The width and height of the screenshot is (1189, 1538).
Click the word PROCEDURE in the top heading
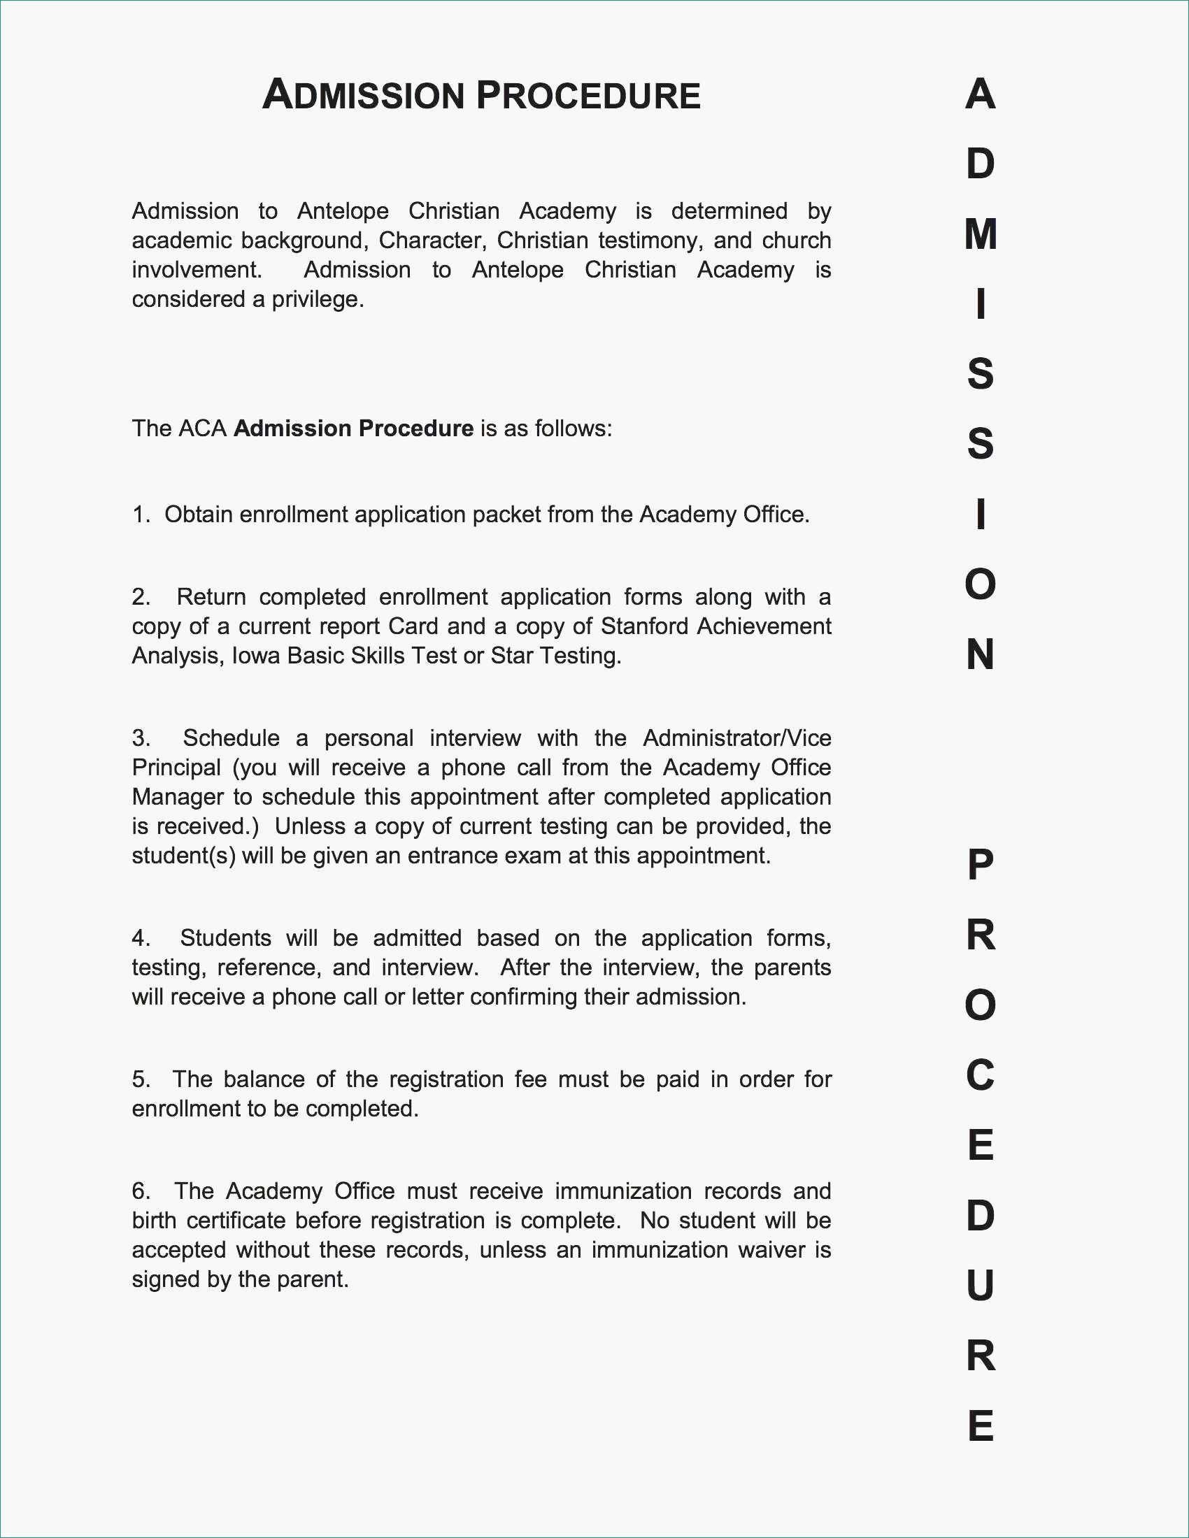[588, 96]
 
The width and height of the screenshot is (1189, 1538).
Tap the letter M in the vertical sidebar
[981, 234]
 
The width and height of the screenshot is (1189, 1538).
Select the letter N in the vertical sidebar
[981, 655]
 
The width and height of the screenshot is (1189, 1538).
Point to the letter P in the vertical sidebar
[981, 865]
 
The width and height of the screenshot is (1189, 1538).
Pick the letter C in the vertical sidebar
[981, 1075]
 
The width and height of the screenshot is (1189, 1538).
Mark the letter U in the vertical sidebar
[981, 1285]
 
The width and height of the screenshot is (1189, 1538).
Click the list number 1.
[140, 515]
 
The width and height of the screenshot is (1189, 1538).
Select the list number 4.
[139, 938]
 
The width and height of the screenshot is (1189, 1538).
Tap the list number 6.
[140, 1191]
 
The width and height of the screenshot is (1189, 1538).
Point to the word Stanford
[643, 626]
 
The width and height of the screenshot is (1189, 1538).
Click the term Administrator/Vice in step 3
[736, 738]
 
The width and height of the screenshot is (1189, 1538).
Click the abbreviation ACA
[203, 429]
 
